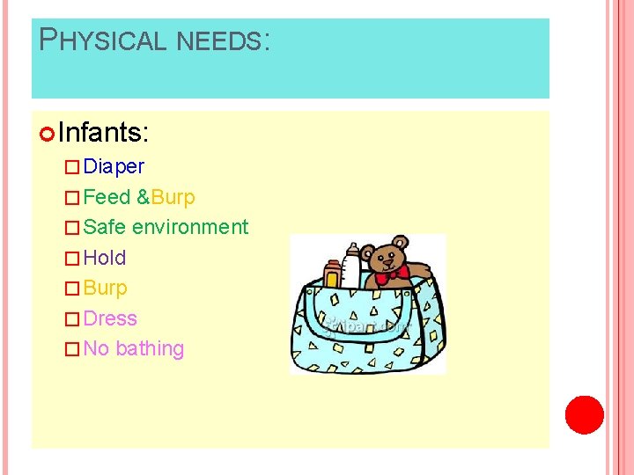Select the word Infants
104,133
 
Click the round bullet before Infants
48,134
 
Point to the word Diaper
114,166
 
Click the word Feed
107,197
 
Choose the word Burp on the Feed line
173,197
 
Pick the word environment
190,227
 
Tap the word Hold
105,258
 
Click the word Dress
110,318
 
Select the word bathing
150,348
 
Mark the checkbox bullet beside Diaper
73,167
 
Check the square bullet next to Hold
73,259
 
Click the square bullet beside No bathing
73,349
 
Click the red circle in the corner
584,415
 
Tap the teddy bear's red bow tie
390,274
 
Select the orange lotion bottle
332,275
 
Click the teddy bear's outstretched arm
421,271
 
